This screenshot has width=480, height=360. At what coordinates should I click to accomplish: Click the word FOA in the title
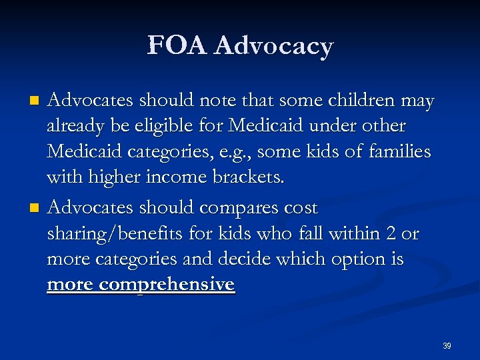[x=177, y=46]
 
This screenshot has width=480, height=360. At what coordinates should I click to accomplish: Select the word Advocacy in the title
[x=275, y=47]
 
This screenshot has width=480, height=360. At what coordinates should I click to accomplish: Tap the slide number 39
[x=447, y=345]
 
